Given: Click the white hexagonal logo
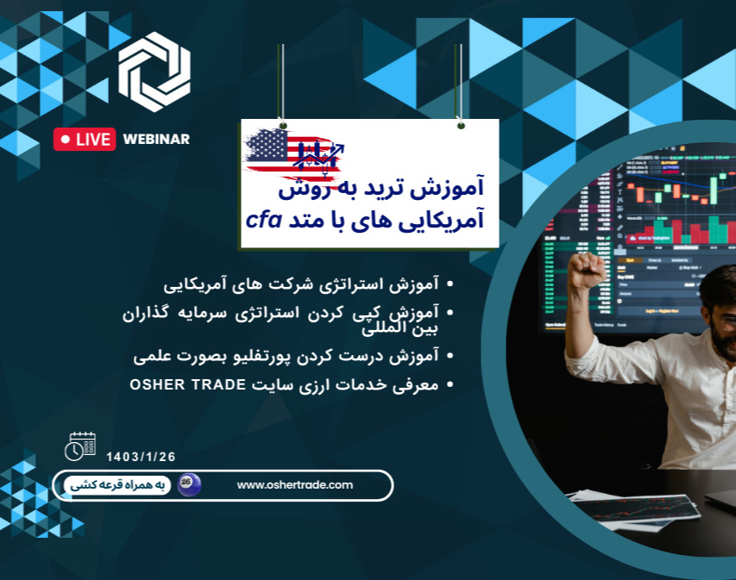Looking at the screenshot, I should point(154,72).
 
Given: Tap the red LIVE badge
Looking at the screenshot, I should point(85,139).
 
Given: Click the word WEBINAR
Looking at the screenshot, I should point(156,139).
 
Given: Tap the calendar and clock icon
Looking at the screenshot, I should point(80,446).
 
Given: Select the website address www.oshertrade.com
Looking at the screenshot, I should point(295,485).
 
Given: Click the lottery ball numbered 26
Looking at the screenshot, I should point(189,484).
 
